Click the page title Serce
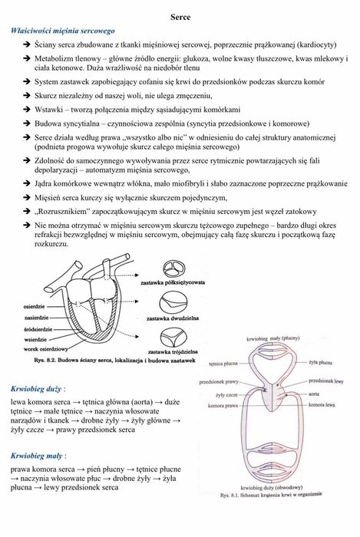(x=180, y=16)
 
